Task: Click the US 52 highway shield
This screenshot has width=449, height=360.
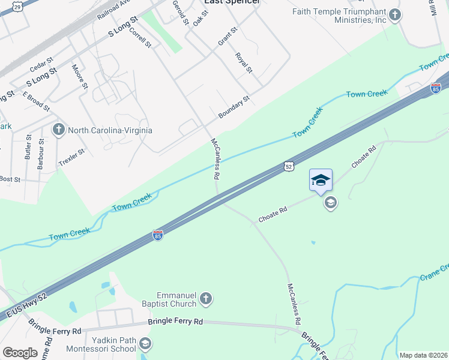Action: click(289, 166)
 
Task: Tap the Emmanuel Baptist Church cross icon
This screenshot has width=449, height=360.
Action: click(206, 299)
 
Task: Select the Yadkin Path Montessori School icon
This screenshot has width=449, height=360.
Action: click(145, 344)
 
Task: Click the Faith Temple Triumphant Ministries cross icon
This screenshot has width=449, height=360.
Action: click(395, 14)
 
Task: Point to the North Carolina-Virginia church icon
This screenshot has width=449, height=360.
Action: click(59, 130)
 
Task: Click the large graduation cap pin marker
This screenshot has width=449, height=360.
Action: click(321, 179)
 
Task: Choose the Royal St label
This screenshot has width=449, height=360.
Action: click(243, 62)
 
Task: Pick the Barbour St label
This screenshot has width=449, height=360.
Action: click(41, 153)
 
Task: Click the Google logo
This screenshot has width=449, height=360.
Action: click(20, 353)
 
